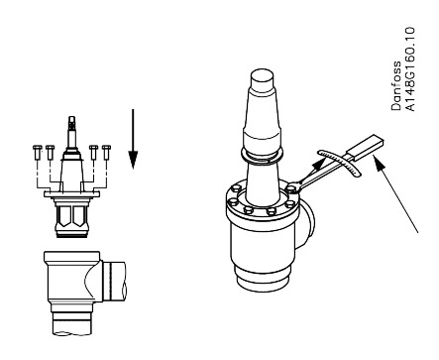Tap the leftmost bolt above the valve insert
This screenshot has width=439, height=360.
pyautogui.click(x=36, y=152)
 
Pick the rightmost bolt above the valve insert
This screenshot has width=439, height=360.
pyautogui.click(x=103, y=152)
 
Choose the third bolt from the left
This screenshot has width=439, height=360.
pyautogui.click(x=92, y=152)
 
